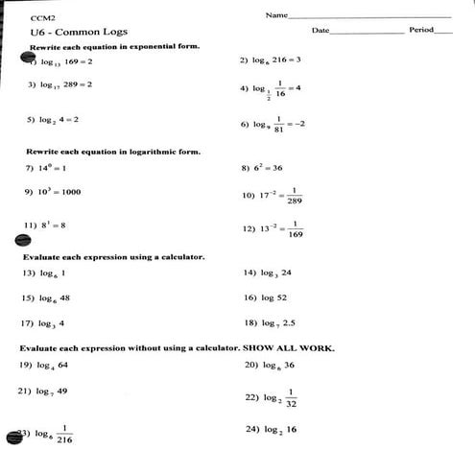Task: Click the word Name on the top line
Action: [276, 15]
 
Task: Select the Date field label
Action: [321, 31]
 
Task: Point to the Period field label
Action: [421, 31]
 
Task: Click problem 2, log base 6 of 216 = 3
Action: [272, 59]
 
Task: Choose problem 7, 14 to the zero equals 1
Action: [46, 168]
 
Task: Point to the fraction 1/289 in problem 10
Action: [294, 195]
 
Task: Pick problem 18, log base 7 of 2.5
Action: [270, 322]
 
